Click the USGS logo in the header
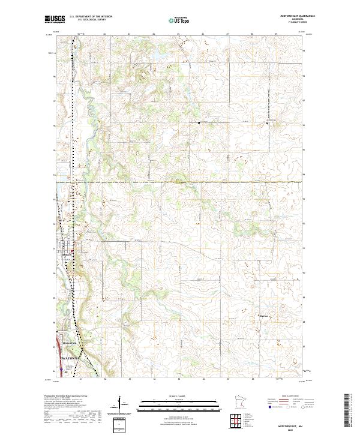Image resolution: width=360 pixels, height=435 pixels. pos(55,19)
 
